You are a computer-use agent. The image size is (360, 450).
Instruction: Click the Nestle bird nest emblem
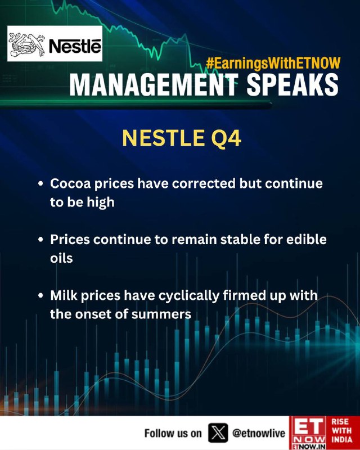tap(27, 44)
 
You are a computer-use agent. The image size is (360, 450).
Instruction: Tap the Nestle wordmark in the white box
tap(75, 46)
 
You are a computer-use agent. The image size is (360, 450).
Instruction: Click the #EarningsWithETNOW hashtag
tap(273, 63)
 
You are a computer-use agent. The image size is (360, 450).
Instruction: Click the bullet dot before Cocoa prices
tap(40, 183)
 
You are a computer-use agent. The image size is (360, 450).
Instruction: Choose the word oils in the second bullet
tap(61, 258)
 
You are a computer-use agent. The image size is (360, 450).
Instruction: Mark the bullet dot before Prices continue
tap(40, 240)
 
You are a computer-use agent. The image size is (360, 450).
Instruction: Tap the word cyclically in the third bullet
tap(189, 296)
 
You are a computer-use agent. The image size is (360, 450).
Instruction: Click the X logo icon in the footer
tap(218, 433)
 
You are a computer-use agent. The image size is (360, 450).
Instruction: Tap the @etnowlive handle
tap(259, 433)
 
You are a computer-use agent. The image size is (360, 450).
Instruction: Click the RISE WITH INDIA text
tap(341, 430)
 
